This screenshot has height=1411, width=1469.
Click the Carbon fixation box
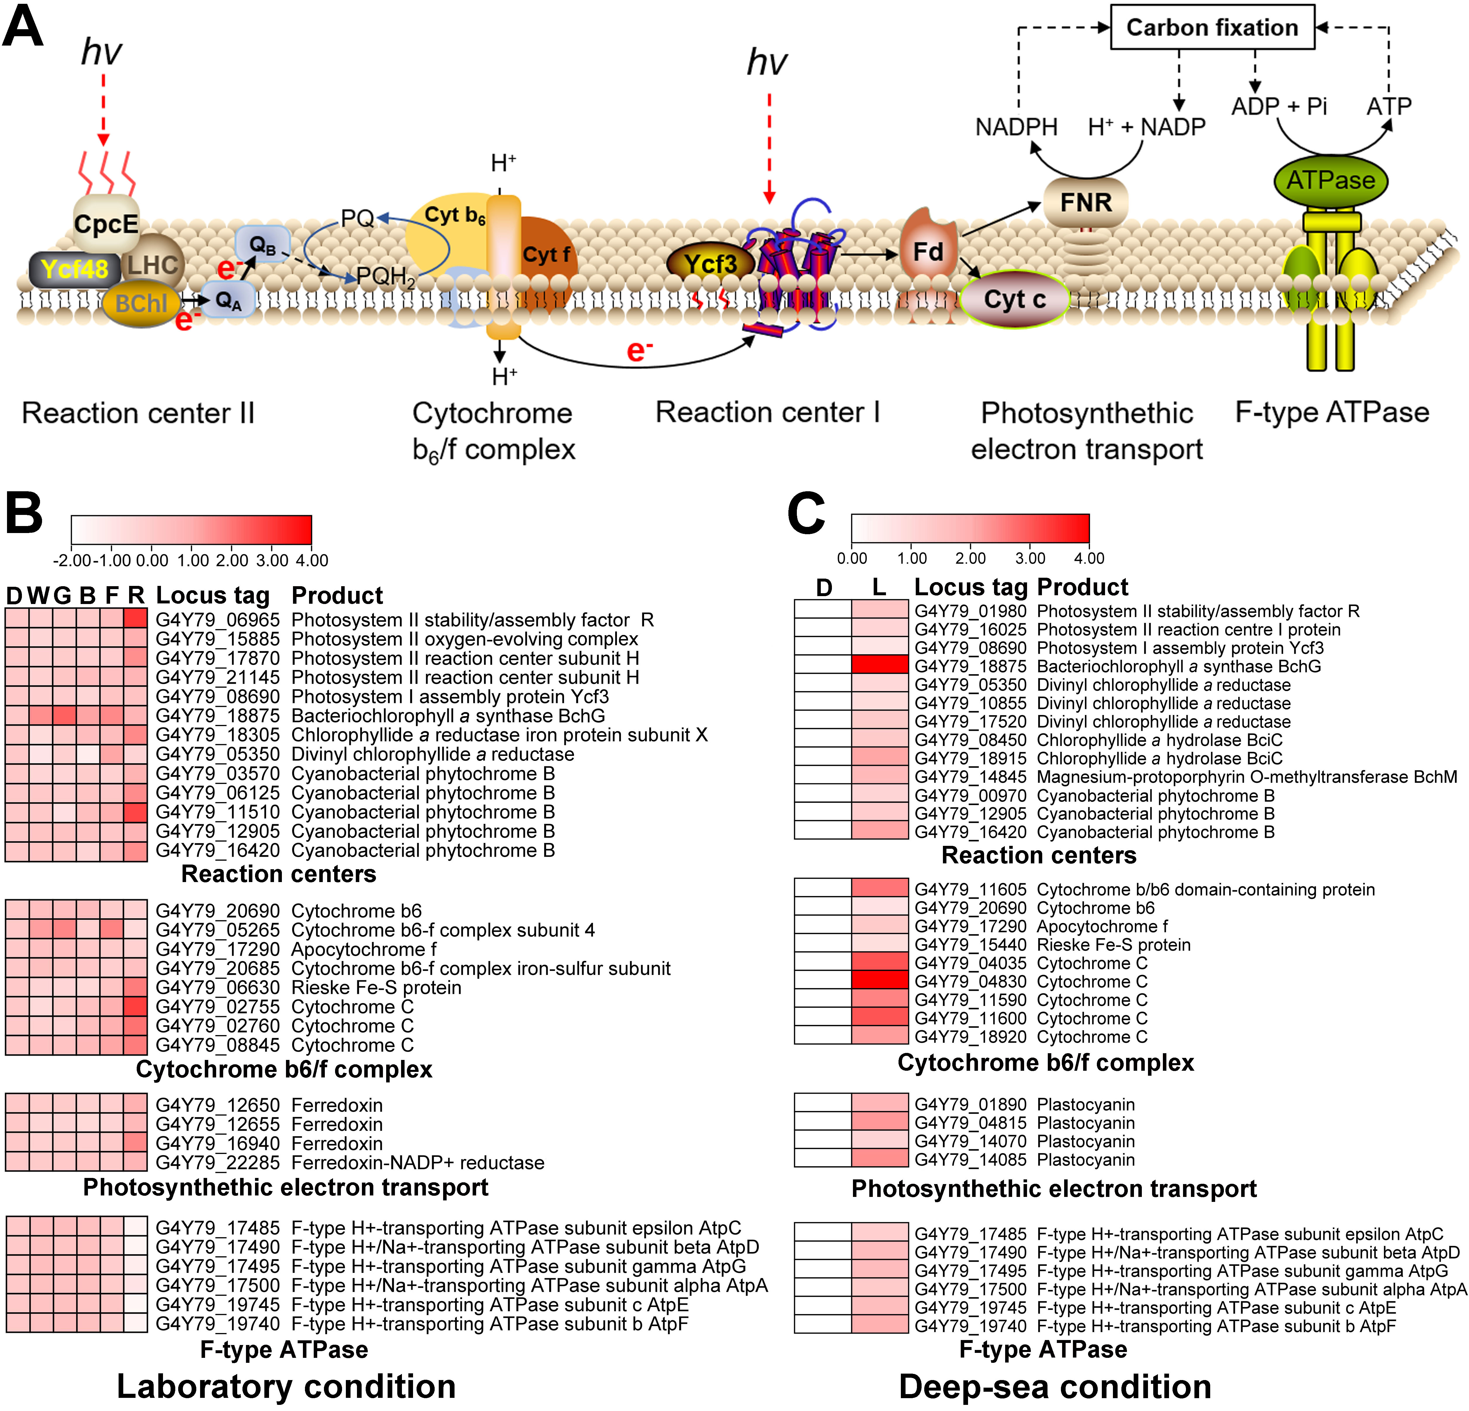(1212, 28)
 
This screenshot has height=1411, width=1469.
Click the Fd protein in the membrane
(928, 252)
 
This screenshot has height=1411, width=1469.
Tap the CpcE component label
(106, 223)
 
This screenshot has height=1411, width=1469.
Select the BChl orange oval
(141, 303)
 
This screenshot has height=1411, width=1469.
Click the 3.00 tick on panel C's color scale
(1030, 558)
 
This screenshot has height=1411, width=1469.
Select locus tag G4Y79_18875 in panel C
(971, 666)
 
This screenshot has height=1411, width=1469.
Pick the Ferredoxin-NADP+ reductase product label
(417, 1163)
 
